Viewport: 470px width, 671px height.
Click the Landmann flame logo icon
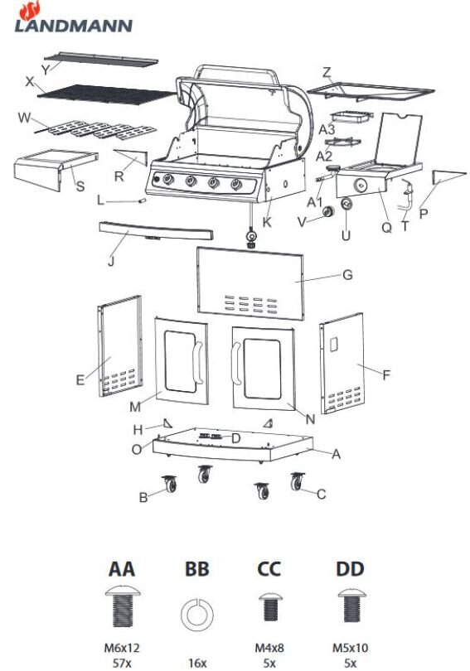(30, 10)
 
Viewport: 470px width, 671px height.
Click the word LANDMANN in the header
(74, 26)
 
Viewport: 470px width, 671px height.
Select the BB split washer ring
(197, 615)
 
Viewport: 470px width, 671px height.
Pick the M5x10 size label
(350, 648)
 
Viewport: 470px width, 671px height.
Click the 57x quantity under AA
(122, 663)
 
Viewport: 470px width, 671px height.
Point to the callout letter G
(347, 274)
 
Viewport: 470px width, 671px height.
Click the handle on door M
(197, 364)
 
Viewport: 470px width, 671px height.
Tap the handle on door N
(235, 364)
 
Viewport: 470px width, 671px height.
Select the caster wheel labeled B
(170, 484)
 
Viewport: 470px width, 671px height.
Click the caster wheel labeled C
(297, 481)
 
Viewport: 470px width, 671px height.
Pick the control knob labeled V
(328, 211)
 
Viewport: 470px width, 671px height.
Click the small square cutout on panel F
(333, 344)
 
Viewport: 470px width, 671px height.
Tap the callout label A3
(327, 128)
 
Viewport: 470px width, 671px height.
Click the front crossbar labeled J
(156, 231)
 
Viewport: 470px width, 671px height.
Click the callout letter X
(30, 81)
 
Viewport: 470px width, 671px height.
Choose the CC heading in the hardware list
(269, 569)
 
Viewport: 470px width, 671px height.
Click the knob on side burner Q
(361, 186)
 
